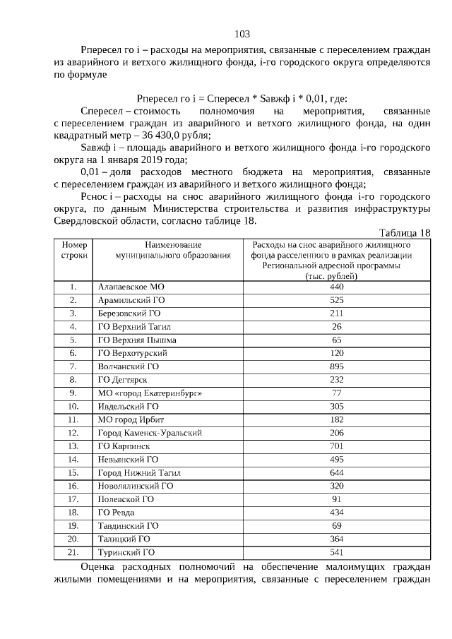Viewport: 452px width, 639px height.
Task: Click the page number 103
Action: pyautogui.click(x=242, y=34)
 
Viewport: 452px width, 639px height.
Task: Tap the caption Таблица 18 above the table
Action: pyautogui.click(x=404, y=233)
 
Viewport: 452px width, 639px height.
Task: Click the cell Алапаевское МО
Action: pyautogui.click(x=131, y=287)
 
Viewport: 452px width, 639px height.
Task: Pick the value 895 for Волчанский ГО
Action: pyautogui.click(x=336, y=366)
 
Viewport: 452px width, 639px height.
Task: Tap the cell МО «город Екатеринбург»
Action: pyautogui.click(x=145, y=393)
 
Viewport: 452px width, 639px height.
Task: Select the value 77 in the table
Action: pyautogui.click(x=336, y=393)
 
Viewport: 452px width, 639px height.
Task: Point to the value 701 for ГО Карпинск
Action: pyautogui.click(x=336, y=446)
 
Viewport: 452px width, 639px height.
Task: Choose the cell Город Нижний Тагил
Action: pyautogui.click(x=140, y=472)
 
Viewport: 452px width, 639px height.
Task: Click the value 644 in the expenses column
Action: pyautogui.click(x=336, y=472)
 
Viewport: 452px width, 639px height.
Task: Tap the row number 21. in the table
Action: pyautogui.click(x=73, y=552)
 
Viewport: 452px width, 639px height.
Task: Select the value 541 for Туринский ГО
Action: pyautogui.click(x=336, y=552)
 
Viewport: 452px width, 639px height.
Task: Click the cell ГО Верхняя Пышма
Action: pyautogui.click(x=136, y=340)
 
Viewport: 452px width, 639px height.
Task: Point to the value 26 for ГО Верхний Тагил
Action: pyautogui.click(x=336, y=326)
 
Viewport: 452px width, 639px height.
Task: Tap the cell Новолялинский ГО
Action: pyautogui.click(x=135, y=486)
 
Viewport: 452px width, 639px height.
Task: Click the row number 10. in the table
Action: pyautogui.click(x=73, y=406)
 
